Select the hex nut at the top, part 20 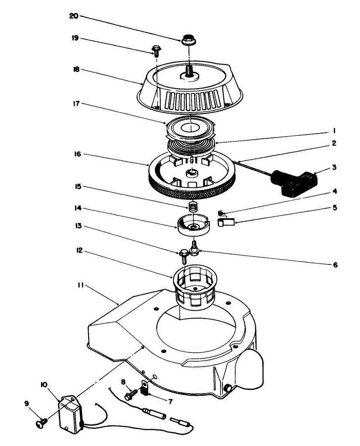[x=189, y=40]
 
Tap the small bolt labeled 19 [x=154, y=50]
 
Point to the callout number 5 [x=335, y=208]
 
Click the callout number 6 [x=335, y=264]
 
